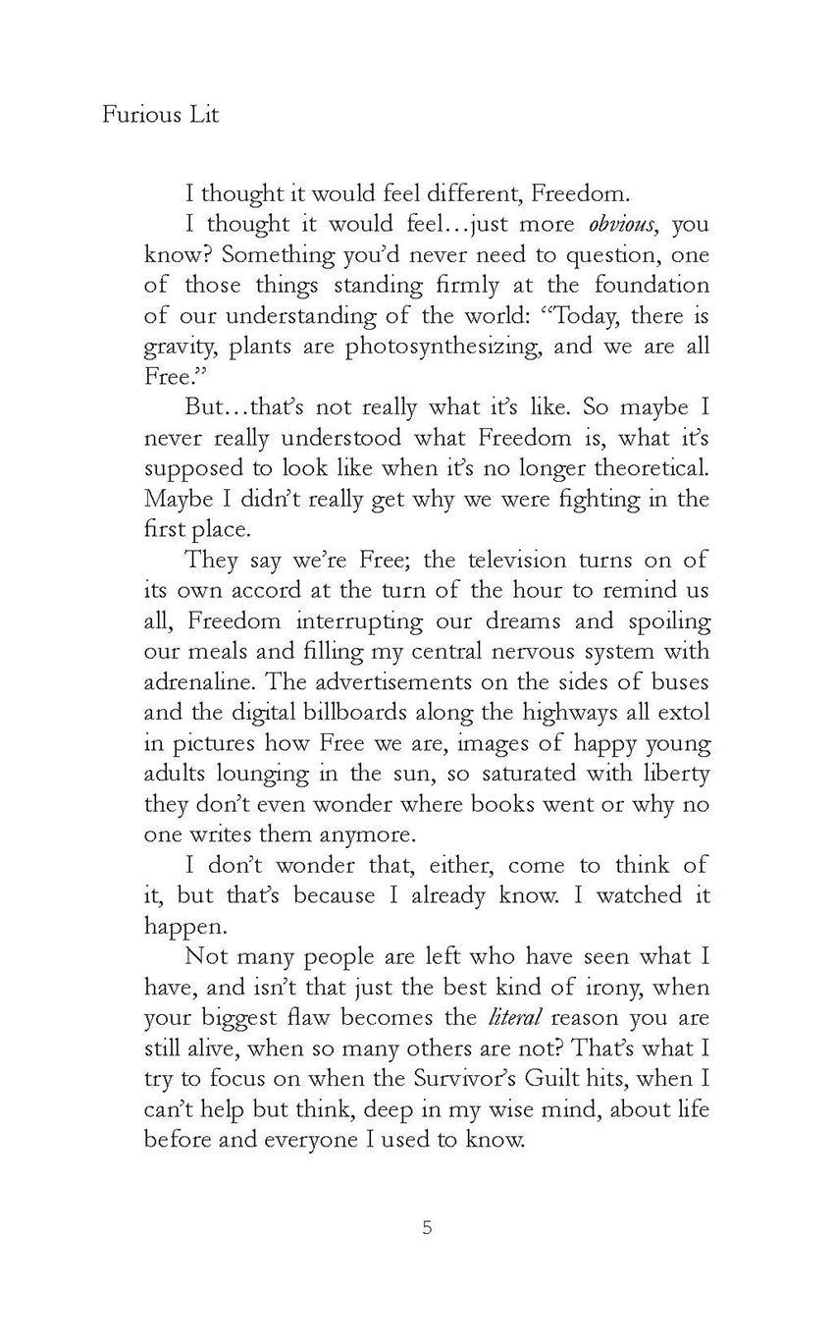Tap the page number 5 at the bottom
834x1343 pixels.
[427, 1226]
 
